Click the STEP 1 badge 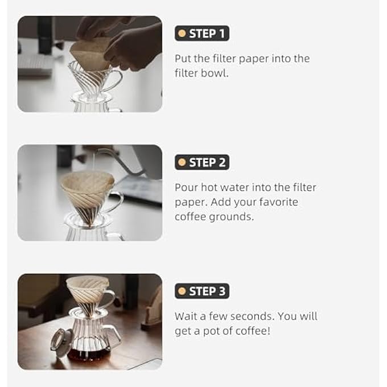tap(201, 34)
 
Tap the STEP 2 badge tap(201, 162)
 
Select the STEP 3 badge tap(201, 291)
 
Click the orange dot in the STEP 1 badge tap(182, 34)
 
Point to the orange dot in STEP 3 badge tap(182, 291)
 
